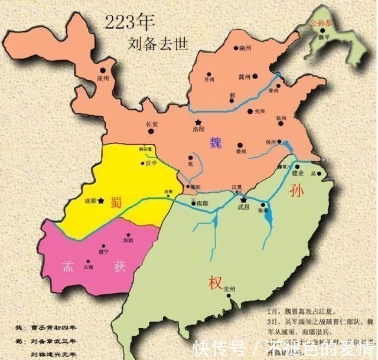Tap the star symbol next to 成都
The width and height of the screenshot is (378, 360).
[102, 201]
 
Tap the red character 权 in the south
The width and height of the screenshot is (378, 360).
[214, 283]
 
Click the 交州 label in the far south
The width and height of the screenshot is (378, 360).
[230, 289]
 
